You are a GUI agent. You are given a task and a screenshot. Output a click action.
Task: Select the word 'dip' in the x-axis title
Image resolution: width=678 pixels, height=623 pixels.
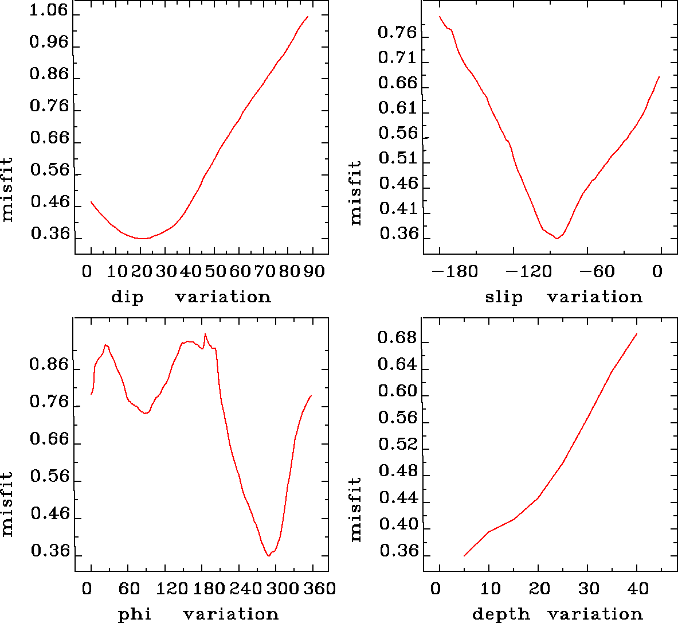tap(127, 297)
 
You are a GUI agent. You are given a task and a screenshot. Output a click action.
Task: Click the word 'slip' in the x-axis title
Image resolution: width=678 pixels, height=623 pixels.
tap(504, 297)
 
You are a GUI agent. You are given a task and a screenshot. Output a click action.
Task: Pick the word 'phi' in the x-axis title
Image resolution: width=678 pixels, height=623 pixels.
tap(135, 614)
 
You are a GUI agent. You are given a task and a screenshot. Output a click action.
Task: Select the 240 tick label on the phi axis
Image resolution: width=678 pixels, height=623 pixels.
tap(247, 589)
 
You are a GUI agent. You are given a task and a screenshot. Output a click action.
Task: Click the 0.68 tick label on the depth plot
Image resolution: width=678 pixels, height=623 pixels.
tap(397, 338)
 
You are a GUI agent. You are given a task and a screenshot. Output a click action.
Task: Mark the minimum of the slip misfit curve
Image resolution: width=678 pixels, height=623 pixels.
tap(556, 239)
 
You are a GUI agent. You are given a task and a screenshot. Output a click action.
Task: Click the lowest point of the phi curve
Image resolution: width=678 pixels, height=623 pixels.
tap(268, 556)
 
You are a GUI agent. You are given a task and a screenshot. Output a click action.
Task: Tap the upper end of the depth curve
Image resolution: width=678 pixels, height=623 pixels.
tap(636, 334)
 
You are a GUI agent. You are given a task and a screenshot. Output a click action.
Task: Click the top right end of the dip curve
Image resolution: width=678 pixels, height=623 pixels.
tap(308, 17)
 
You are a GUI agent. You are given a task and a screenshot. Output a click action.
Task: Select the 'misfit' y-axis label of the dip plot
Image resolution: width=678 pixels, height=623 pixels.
tap(7, 190)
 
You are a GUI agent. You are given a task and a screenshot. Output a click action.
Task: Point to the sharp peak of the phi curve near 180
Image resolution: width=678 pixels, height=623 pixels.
tap(205, 334)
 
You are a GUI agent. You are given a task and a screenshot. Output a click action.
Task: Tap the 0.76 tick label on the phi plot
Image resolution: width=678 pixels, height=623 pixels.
tap(49, 403)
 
